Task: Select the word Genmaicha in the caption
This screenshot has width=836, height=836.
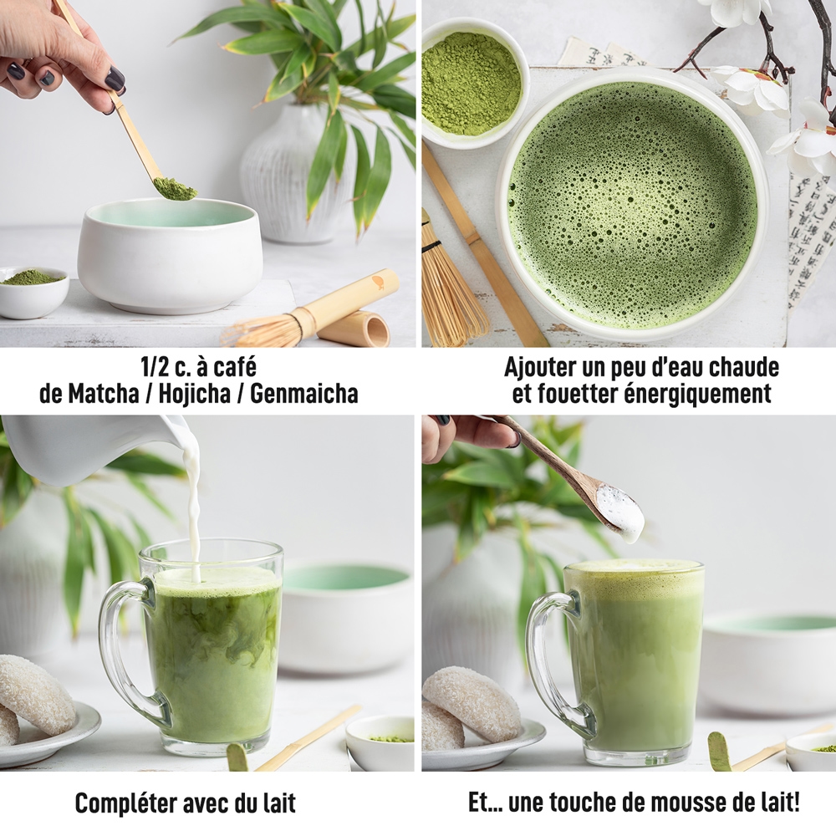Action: pos(304,394)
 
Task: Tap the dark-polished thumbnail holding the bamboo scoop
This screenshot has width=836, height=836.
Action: pos(115,80)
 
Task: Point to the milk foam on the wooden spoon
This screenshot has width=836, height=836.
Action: pos(620,512)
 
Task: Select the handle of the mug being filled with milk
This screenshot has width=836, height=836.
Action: pos(125,650)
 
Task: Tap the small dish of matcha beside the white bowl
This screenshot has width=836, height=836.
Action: pos(33,291)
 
